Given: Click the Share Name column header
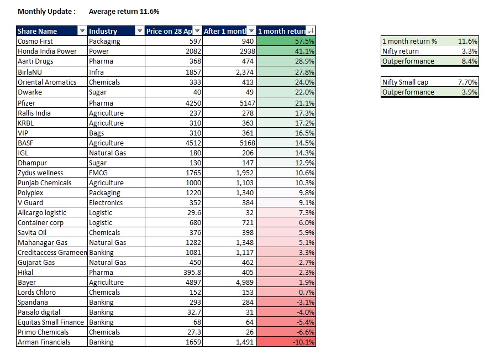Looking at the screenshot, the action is pyautogui.click(x=37, y=31).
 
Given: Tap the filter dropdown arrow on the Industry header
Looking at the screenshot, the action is pyautogui.click(x=139, y=31).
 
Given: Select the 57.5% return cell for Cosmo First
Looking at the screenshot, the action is pyautogui.click(x=286, y=41).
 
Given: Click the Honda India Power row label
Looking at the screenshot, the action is pyautogui.click(x=47, y=51).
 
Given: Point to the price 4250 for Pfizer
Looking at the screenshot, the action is pyautogui.click(x=193, y=103).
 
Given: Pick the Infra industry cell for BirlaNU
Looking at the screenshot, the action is pyautogui.click(x=96, y=72).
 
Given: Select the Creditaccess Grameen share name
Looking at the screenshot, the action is pyautogui.click(x=52, y=252).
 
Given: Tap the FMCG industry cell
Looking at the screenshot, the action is pyautogui.click(x=98, y=173).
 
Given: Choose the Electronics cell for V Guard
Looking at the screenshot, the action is pyautogui.click(x=106, y=202).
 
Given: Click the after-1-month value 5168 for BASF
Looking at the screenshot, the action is pyautogui.click(x=248, y=143).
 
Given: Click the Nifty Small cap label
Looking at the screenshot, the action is pyautogui.click(x=405, y=82).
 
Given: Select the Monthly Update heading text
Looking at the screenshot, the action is pyautogui.click(x=47, y=12).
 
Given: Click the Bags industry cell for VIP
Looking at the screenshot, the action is pyautogui.click(x=96, y=133).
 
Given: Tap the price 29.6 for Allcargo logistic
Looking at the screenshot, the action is pyautogui.click(x=194, y=213).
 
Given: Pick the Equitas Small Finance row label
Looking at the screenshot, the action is pyautogui.click(x=51, y=322).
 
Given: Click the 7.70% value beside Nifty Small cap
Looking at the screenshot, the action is pyautogui.click(x=467, y=82).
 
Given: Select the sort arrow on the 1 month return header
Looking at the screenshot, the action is pyautogui.click(x=311, y=31).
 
